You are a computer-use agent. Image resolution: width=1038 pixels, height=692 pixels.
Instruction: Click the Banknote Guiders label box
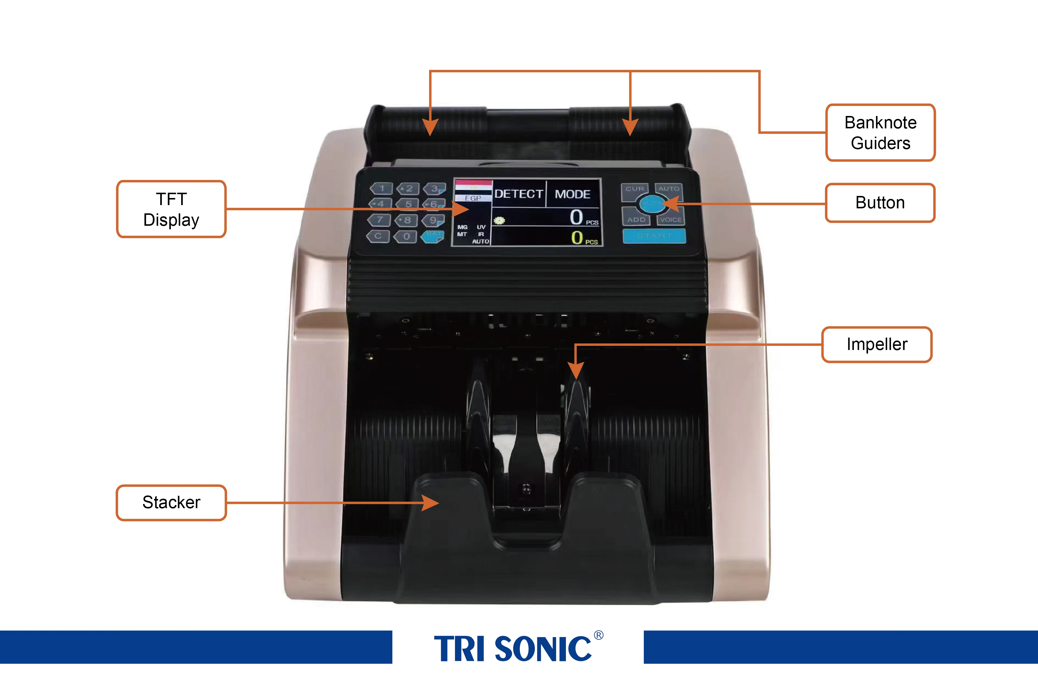pyautogui.click(x=880, y=132)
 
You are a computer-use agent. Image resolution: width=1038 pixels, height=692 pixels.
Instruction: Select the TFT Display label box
pyautogui.click(x=171, y=209)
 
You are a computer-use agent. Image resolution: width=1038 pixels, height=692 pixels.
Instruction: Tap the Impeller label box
pyautogui.click(x=877, y=344)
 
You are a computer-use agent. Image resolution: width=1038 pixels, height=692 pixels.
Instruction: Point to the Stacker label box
pyautogui.click(x=171, y=502)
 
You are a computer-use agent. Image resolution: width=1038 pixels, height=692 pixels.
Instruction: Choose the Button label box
pyautogui.click(x=880, y=202)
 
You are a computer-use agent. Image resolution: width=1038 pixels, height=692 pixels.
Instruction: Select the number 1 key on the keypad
pyautogui.click(x=382, y=189)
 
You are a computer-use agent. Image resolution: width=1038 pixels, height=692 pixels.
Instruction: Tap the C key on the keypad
pyautogui.click(x=378, y=236)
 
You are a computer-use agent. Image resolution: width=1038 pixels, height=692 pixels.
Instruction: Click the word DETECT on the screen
pyautogui.click(x=518, y=194)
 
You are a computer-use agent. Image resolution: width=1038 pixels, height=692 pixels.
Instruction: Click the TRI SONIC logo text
pyautogui.click(x=513, y=649)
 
